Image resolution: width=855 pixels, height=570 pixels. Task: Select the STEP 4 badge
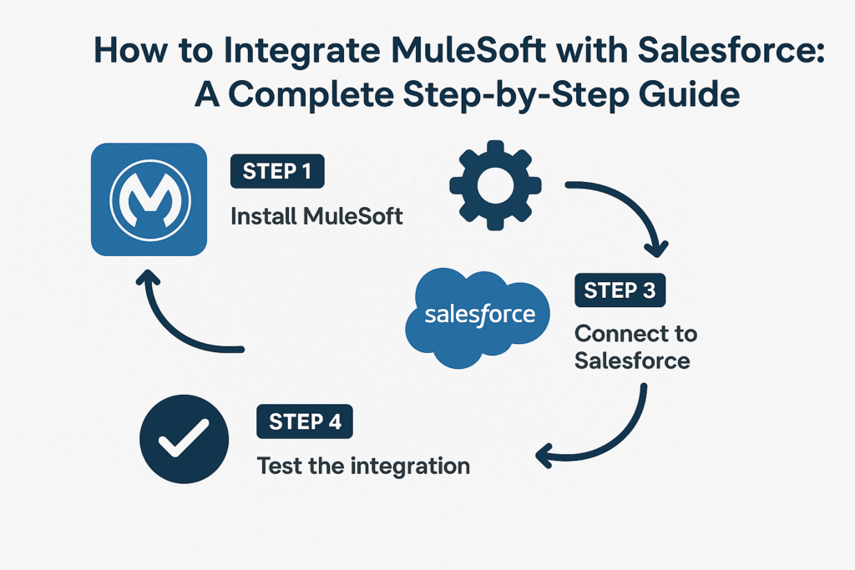pyautogui.click(x=305, y=421)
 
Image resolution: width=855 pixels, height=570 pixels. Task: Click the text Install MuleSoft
pyautogui.click(x=316, y=217)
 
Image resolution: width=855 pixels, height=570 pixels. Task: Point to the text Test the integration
pyautogui.click(x=363, y=465)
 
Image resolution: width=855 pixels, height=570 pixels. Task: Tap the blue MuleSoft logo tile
pyautogui.click(x=149, y=199)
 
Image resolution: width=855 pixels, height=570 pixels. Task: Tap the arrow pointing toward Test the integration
pyautogui.click(x=601, y=430)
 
